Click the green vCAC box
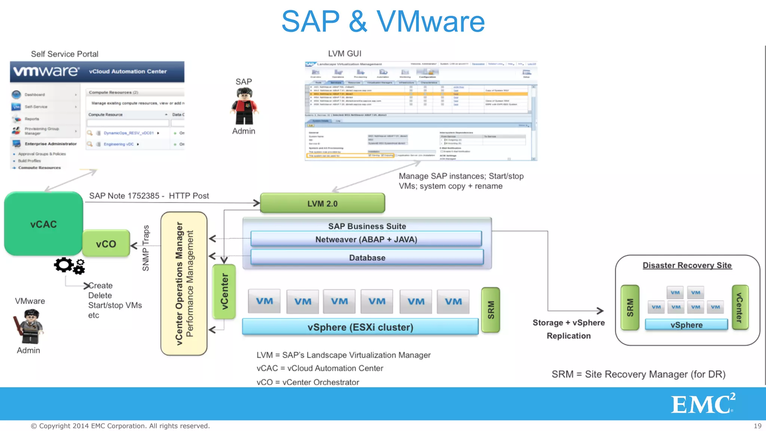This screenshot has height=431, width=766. pos(43,224)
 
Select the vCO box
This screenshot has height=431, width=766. pos(106,244)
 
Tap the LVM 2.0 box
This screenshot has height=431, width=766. pos(322,203)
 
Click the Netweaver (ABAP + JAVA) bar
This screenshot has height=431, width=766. pos(366,239)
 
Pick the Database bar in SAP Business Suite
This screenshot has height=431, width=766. pos(367,257)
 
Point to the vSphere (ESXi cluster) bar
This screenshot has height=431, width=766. pos(360,327)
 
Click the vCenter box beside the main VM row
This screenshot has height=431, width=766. pos(224,291)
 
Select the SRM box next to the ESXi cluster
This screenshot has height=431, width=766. pos(491,310)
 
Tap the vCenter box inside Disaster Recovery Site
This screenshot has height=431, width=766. pos(740,308)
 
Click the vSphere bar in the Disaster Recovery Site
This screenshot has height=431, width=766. pos(686,324)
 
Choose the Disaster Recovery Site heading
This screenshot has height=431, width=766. pos(687,265)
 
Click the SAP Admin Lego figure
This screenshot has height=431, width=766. pos(244,106)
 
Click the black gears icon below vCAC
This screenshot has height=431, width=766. pos(70,266)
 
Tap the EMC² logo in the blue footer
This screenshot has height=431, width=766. pos(702,404)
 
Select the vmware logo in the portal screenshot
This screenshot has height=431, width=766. pos(46,71)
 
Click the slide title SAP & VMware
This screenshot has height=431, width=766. pos(383,21)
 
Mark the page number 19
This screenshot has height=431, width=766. pos(757,426)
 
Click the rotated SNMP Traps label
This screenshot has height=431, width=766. pos(146,248)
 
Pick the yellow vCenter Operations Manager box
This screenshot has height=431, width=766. pos(184,283)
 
